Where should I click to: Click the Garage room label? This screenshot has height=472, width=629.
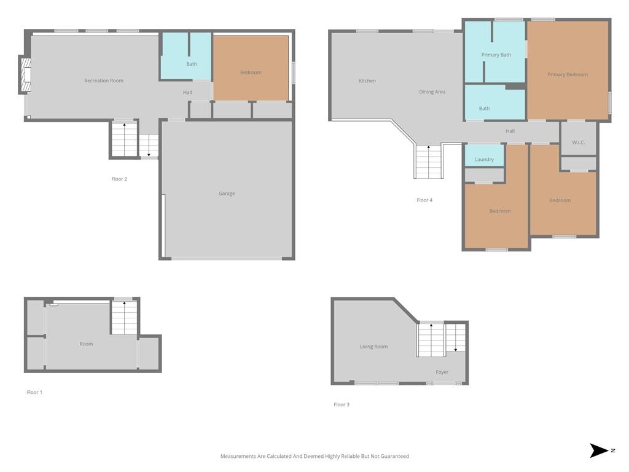[227, 194]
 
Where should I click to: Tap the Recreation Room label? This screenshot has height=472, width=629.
[104, 81]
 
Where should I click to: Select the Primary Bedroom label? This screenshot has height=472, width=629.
[568, 75]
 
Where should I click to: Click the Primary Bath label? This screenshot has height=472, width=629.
[496, 55]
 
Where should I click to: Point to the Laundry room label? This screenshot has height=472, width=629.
[484, 160]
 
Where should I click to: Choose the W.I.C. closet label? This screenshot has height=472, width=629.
[578, 143]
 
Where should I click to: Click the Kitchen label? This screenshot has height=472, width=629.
[367, 81]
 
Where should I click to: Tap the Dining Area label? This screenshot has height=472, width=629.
[432, 92]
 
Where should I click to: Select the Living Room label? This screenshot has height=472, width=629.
[373, 347]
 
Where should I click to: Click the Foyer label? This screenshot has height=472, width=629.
[442, 372]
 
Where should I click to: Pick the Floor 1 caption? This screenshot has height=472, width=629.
[34, 393]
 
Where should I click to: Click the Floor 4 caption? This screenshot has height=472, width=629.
[424, 200]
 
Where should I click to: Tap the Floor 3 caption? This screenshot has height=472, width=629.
[342, 405]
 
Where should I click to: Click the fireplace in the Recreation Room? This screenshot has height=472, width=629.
[25, 74]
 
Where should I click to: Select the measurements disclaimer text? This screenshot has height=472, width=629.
[314, 457]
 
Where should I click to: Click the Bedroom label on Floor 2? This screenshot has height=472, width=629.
[251, 73]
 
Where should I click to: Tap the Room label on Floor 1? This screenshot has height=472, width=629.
[86, 344]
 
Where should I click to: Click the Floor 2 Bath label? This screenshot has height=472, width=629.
[192, 65]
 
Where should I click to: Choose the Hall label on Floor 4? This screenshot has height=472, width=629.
[510, 132]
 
